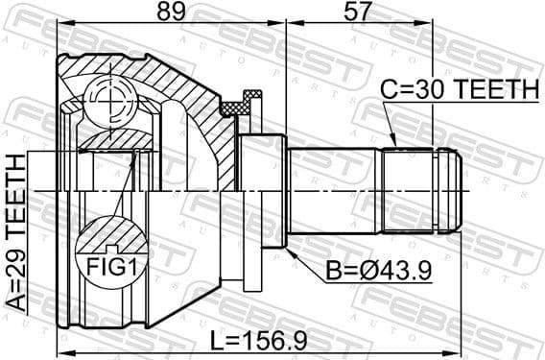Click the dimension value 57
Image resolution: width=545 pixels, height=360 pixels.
pyautogui.click(x=357, y=13)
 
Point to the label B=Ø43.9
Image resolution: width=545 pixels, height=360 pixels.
pyautogui.click(x=377, y=273)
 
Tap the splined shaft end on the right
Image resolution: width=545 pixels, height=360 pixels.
pyautogui.click(x=422, y=190)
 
